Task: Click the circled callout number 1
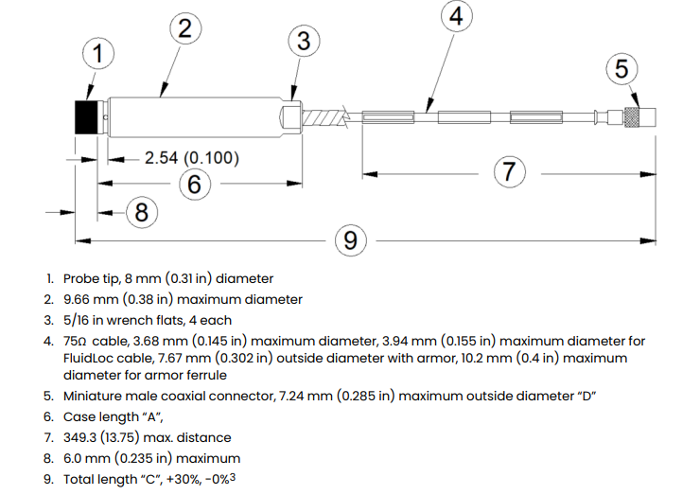coord(98,53)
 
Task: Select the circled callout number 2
coord(185,28)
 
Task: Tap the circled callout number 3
coord(304,41)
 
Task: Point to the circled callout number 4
coord(456,16)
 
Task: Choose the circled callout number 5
coord(621,69)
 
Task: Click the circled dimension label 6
coord(195,184)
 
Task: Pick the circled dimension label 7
coord(509,172)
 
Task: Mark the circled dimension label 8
coord(142,212)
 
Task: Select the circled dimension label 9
coord(351,240)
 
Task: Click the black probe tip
coord(86,117)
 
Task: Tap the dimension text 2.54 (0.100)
coord(192,158)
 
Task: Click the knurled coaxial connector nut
coord(631,117)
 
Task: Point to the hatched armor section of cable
coord(324,118)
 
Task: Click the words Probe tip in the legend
coord(92,279)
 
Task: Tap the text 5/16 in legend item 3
coord(76,320)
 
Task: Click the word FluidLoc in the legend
coord(88,359)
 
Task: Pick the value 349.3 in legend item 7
coord(79,437)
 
